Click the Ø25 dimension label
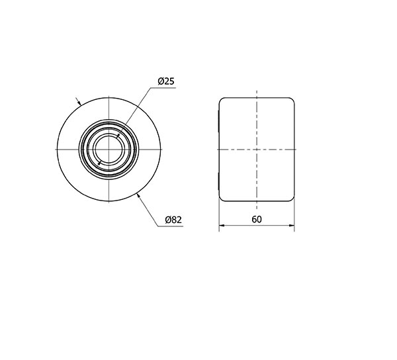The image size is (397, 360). (x=165, y=81)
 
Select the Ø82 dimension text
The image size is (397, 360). (x=173, y=220)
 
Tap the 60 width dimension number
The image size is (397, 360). (x=257, y=219)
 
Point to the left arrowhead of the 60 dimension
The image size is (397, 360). (x=222, y=226)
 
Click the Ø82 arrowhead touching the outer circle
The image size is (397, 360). (x=138, y=194)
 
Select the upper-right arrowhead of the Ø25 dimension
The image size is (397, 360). (x=118, y=135)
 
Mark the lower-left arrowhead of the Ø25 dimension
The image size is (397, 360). (x=98, y=162)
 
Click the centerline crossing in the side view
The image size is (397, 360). (x=257, y=150)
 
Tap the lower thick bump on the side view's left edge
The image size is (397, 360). (x=219, y=180)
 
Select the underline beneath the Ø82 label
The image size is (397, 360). (x=171, y=226)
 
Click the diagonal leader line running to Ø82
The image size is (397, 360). (x=148, y=210)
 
